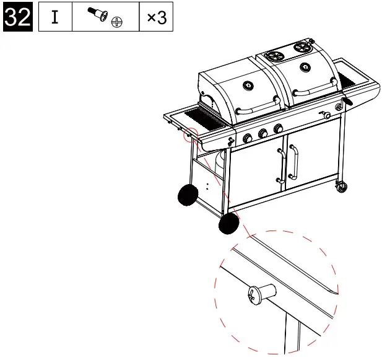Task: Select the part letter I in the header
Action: [55, 17]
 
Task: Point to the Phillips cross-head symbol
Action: [116, 23]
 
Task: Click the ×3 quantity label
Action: [156, 17]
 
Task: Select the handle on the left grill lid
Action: [254, 111]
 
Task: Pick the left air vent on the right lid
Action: [272, 55]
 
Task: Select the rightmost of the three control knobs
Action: [278, 128]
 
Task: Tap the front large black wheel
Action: [229, 224]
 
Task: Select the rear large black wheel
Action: [187, 196]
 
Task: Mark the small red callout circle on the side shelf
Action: [190, 134]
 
